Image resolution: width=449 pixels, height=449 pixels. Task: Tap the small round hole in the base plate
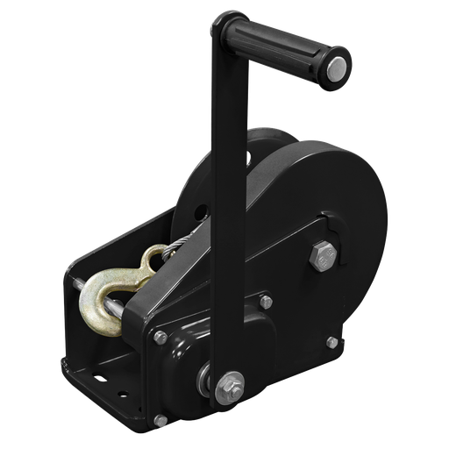point(104,381)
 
